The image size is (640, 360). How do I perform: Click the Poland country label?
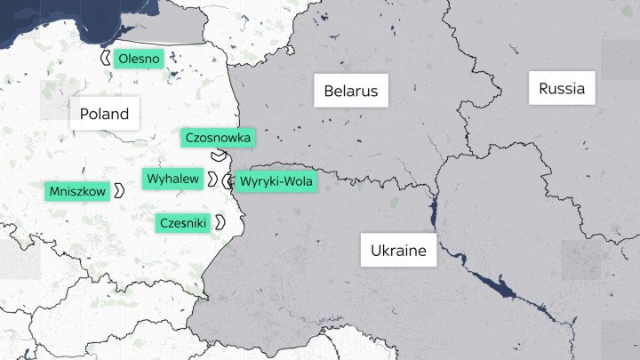tap(104, 114)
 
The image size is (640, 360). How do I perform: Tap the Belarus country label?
tap(350, 91)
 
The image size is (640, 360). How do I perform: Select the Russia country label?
tap(562, 89)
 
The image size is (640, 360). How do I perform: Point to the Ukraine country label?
tap(399, 251)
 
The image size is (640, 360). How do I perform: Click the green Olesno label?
tap(139, 60)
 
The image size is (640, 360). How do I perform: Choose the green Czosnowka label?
tap(218, 138)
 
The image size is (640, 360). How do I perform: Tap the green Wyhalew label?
tap(173, 179)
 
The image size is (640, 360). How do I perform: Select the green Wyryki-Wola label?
tap(276, 181)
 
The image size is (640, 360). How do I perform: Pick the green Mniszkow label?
tap(77, 191)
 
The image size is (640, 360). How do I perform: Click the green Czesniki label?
tap(183, 222)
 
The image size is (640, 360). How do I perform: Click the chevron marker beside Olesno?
tap(106, 59)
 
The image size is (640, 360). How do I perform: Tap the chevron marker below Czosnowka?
tap(218, 156)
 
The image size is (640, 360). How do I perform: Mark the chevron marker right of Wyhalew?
tap(212, 180)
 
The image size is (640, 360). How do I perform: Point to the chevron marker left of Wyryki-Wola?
tap(228, 182)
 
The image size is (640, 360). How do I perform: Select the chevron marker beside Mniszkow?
tap(117, 191)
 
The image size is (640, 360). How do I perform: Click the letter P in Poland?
tap(84, 114)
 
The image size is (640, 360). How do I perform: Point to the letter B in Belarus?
tap(329, 91)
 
